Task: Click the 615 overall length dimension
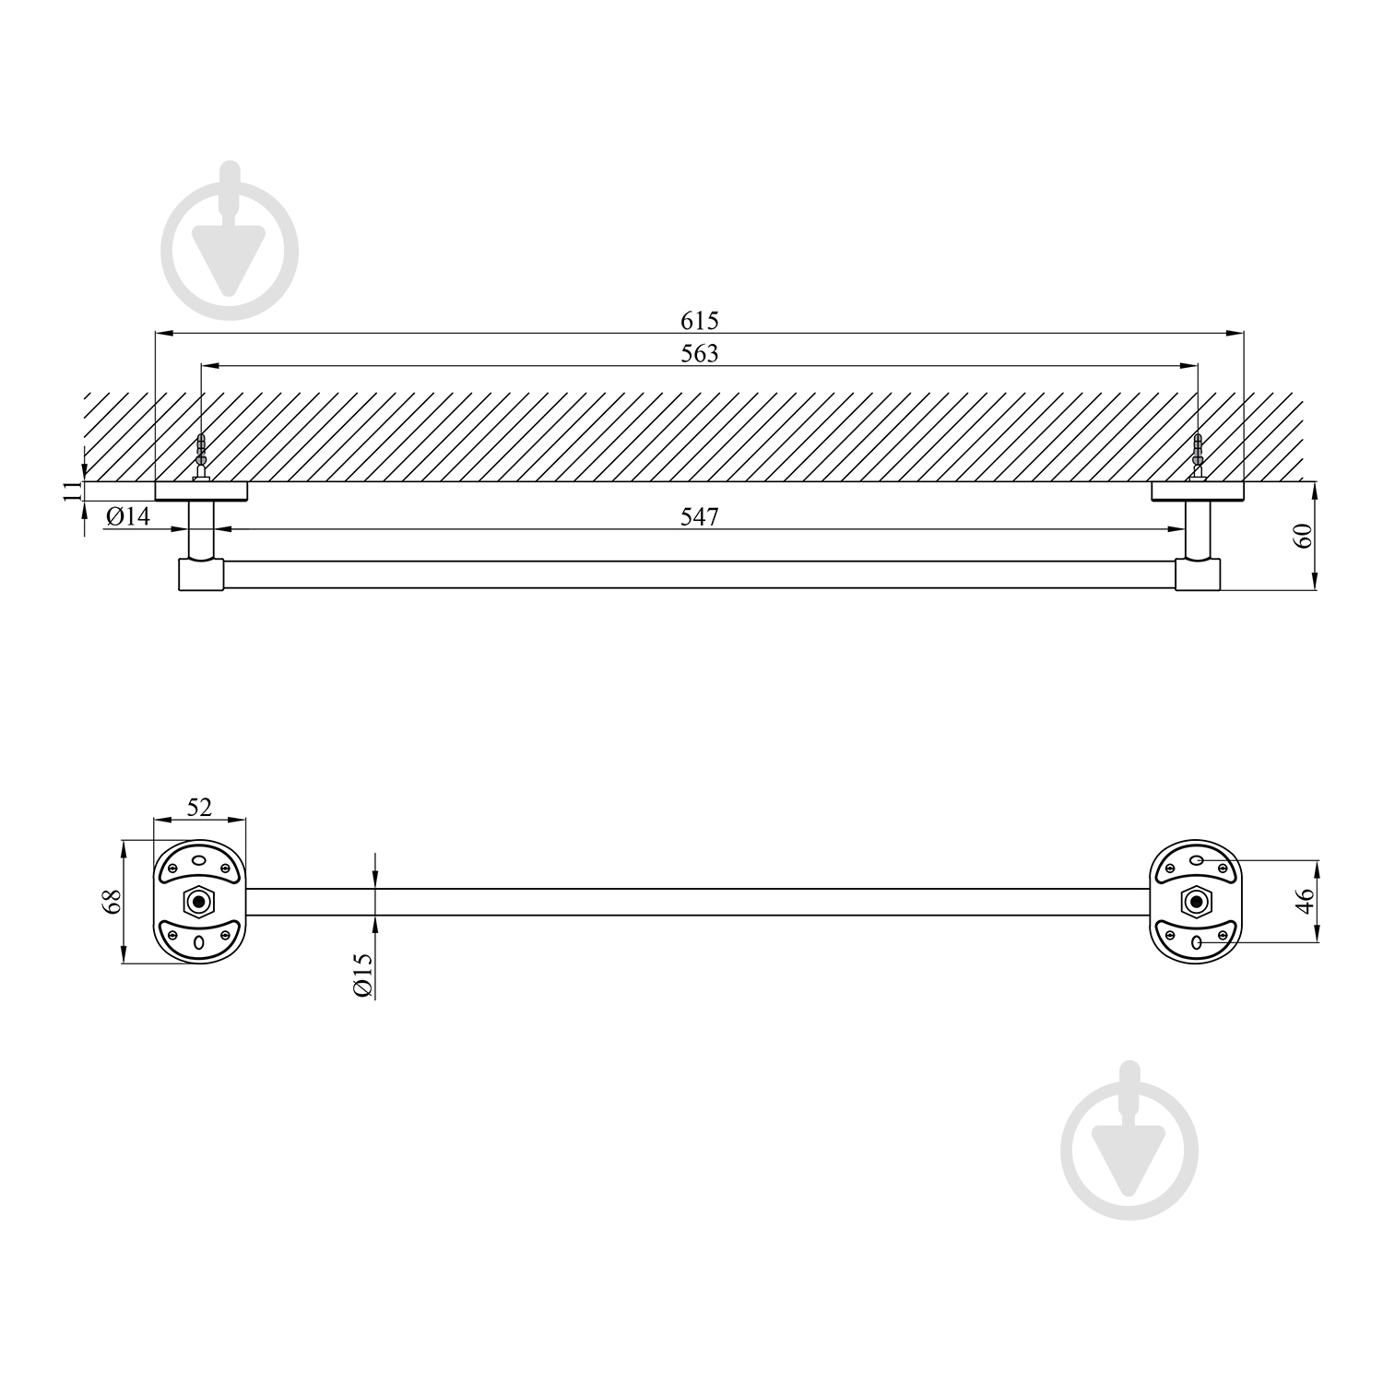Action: tap(700, 321)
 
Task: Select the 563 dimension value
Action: tap(700, 353)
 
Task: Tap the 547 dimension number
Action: tap(700, 517)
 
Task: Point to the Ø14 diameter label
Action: tap(127, 516)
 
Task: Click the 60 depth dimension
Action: tap(1304, 536)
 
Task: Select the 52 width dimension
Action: tap(199, 808)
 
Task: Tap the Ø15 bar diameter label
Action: tap(362, 975)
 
